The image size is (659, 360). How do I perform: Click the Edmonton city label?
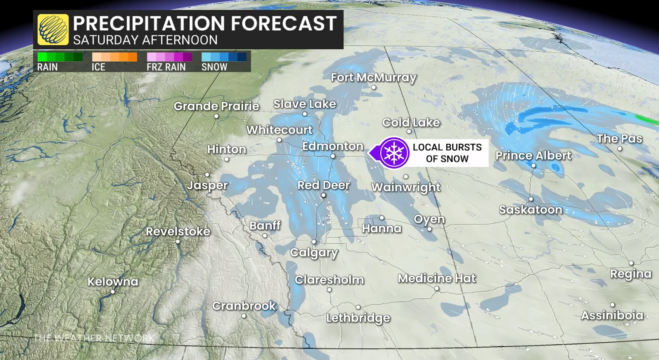point(333,146)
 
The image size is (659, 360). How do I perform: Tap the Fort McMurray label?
point(373,78)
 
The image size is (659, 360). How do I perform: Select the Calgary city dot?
point(314,242)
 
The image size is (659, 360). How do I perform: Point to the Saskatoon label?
point(531,210)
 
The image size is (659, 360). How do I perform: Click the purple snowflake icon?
point(394,153)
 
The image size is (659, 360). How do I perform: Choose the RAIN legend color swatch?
point(60,57)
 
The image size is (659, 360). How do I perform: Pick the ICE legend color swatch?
point(114,57)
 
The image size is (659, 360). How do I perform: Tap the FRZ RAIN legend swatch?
point(169,57)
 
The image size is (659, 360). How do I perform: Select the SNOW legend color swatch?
point(224,57)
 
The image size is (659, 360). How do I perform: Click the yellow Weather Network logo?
point(53,30)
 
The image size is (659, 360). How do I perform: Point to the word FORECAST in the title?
point(284,23)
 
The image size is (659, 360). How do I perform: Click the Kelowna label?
point(113,282)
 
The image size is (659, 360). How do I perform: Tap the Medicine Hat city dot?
point(437,289)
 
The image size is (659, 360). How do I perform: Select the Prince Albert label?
point(533,156)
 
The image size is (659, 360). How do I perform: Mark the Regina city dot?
point(631,263)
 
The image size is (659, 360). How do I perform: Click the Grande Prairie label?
point(216,106)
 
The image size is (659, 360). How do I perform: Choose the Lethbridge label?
point(358,318)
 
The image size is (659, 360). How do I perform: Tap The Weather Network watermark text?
point(94,338)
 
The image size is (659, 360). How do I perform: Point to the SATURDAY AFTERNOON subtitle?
point(145,40)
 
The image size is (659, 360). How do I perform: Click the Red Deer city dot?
point(323,195)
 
